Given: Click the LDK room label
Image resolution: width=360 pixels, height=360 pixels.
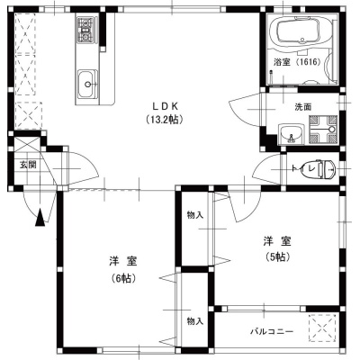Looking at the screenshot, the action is [x=166, y=106].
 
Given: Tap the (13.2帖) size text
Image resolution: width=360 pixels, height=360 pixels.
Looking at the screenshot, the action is [x=165, y=120].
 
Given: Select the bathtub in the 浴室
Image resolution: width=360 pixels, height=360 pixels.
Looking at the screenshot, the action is [x=300, y=31].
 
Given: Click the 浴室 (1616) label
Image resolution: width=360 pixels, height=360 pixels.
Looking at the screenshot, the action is [x=297, y=62].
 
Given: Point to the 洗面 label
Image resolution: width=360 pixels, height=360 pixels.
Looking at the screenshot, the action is [x=302, y=107].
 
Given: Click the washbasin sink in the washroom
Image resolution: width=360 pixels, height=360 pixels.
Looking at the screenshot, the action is [x=291, y=134].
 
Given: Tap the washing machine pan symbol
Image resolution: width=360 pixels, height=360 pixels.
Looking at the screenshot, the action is [x=323, y=130].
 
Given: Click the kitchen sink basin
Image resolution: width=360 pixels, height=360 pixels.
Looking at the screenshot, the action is [x=87, y=84].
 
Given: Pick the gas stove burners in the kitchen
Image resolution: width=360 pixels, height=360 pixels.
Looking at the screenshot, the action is [x=86, y=29].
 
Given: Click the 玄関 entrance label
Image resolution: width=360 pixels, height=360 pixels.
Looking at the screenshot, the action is [x=28, y=165].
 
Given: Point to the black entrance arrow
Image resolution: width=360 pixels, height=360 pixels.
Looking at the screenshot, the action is [x=40, y=218].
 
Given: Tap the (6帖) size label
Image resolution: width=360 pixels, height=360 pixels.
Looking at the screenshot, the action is [x=123, y=278].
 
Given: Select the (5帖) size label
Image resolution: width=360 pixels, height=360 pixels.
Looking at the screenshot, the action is [x=277, y=256].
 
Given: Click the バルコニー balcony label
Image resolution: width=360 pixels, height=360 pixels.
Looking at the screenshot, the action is [x=272, y=332].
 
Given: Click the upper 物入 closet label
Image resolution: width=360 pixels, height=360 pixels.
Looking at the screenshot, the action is [x=195, y=215].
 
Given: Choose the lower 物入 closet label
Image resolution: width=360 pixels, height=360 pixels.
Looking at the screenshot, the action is [x=195, y=321].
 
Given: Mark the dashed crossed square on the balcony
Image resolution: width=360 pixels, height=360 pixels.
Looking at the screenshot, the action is [x=323, y=328].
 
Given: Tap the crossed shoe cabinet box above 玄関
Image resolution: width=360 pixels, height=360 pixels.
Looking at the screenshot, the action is [x=27, y=145].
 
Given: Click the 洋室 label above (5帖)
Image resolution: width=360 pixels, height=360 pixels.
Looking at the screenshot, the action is [x=277, y=241].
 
